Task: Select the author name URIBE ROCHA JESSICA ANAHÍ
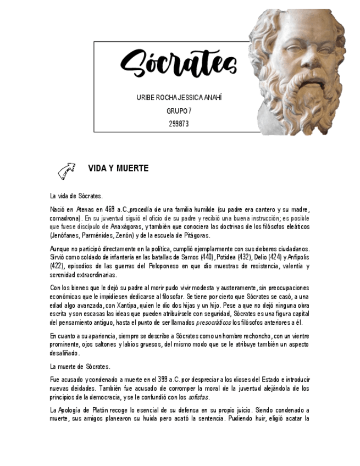point(179,98)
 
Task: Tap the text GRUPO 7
point(179,111)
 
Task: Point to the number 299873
point(179,124)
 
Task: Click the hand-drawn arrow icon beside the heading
point(67,171)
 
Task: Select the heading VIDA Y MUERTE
point(118,169)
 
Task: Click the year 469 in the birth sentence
point(109,209)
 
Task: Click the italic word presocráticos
point(214,323)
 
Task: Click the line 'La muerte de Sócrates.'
point(80,366)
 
